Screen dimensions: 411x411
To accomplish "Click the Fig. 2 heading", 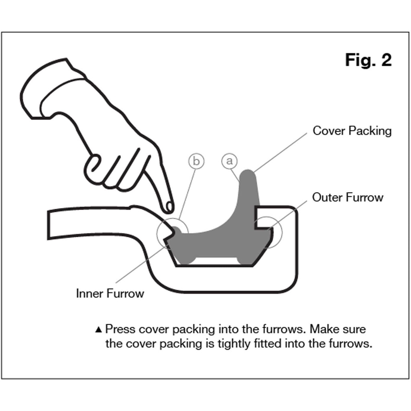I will (368, 61).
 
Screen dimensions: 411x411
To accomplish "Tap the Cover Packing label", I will (352, 131).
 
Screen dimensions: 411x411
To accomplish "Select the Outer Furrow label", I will (348, 197).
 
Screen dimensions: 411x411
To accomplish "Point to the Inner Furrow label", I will (110, 293).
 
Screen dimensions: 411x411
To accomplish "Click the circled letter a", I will (229, 161).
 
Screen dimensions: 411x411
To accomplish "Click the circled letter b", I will (196, 161).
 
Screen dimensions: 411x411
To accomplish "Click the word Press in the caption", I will (120, 330).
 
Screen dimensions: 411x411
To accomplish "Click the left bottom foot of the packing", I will (186, 259).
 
